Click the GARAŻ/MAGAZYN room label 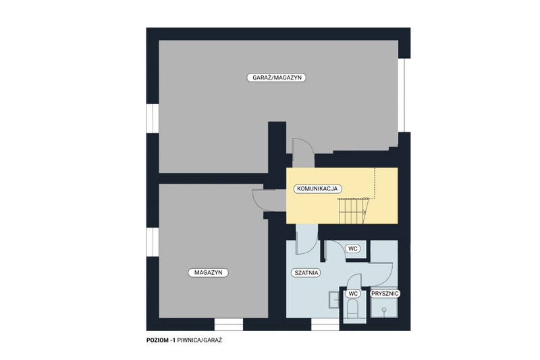click(277, 78)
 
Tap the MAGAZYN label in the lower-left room click(208, 272)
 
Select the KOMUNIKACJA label click(317, 189)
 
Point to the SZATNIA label click(306, 273)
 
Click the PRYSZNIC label click(385, 294)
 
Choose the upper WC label click(352, 249)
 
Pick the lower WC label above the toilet click(353, 294)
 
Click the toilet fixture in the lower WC click(352, 309)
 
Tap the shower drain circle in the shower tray click(383, 309)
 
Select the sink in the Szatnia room click(334, 300)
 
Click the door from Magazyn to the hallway click(264, 200)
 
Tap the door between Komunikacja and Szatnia click(306, 239)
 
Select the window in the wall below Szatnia click(325, 324)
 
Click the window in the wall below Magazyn click(229, 324)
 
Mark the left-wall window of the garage click(153, 118)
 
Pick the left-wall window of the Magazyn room click(153, 242)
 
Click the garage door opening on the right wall click(402, 95)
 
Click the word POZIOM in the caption click(157, 340)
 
